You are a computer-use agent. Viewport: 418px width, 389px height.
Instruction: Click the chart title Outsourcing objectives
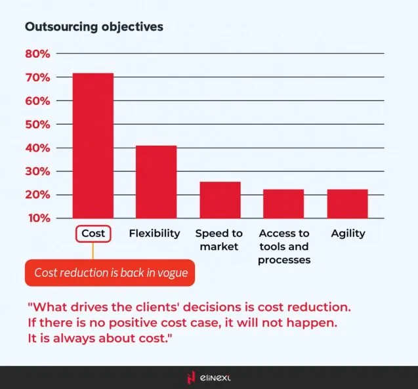(x=94, y=28)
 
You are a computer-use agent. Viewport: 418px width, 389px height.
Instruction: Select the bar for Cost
(x=93, y=146)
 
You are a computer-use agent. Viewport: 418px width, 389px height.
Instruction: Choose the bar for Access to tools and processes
(x=283, y=204)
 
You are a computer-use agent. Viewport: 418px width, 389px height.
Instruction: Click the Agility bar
(x=348, y=204)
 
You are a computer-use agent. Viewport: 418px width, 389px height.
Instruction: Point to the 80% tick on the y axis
(x=38, y=54)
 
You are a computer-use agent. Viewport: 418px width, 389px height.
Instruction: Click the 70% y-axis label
(x=38, y=77)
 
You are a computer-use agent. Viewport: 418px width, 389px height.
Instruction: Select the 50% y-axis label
(x=38, y=124)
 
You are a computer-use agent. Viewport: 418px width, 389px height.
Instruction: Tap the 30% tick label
(x=38, y=171)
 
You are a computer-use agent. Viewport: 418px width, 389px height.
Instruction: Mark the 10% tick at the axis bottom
(x=38, y=218)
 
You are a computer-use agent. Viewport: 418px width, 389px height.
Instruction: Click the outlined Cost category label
(x=93, y=234)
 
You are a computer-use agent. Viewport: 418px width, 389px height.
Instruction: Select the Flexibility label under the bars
(x=155, y=234)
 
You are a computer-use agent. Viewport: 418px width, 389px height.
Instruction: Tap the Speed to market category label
(x=219, y=240)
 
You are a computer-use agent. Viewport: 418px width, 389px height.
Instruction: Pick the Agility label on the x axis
(x=348, y=234)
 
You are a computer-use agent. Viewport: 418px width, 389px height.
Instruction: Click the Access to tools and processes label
(x=283, y=247)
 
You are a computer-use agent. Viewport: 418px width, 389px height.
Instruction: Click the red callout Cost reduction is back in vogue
(x=110, y=273)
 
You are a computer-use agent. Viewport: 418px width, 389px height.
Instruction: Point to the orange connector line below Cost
(x=93, y=251)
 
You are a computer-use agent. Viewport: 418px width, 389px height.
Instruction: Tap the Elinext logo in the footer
(x=209, y=377)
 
